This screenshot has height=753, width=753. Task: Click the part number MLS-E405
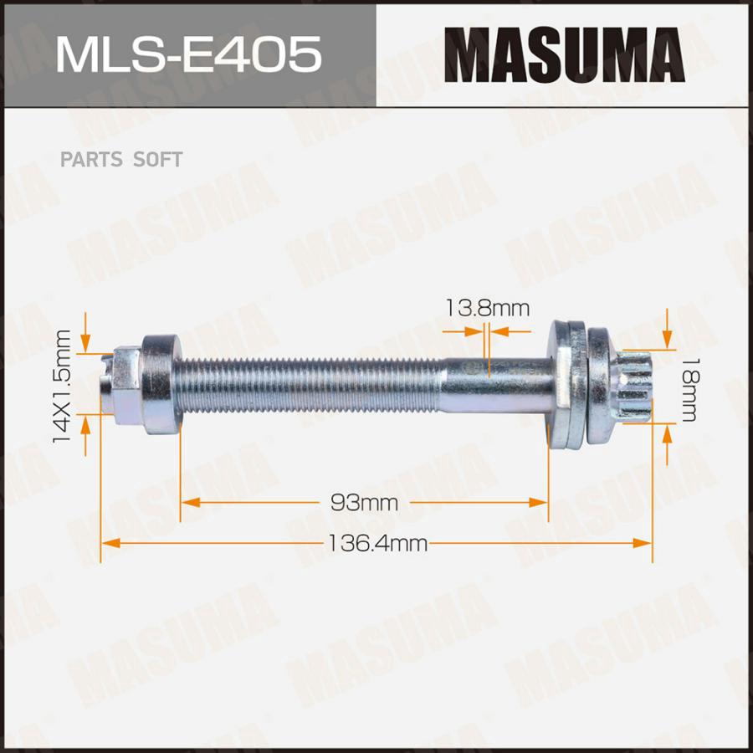click(188, 54)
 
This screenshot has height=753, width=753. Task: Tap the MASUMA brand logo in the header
click(564, 54)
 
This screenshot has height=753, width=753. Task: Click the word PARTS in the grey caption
click(91, 160)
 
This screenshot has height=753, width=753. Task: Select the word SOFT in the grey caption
click(157, 160)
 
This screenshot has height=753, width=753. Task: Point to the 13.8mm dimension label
click(488, 308)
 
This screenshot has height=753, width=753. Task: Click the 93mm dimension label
click(365, 503)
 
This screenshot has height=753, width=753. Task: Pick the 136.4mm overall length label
click(377, 544)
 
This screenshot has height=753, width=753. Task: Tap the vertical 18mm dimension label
click(689, 389)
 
